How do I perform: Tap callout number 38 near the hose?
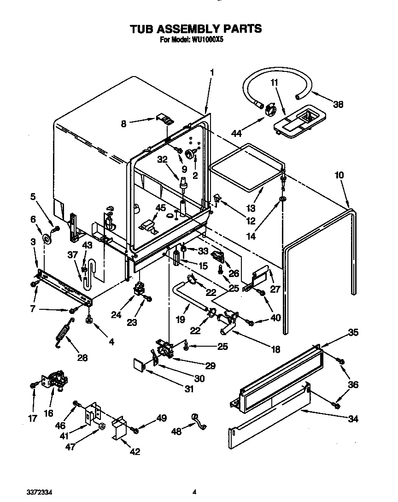tap(338, 105)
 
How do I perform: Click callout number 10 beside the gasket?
tap(339, 176)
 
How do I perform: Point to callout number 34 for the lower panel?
tap(353, 419)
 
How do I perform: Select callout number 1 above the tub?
tap(212, 72)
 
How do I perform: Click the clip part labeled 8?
tap(166, 119)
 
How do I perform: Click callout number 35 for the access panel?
tap(353, 332)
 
